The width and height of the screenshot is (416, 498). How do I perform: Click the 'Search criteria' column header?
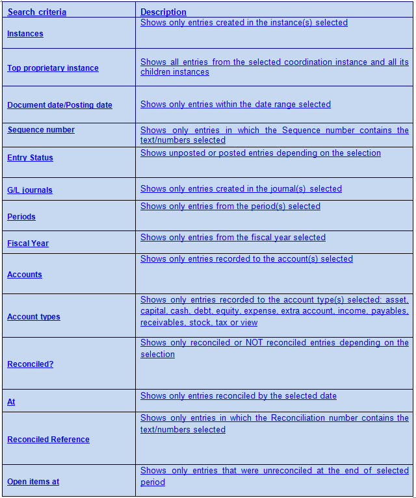(36, 12)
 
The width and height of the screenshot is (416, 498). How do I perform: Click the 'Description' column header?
(163, 12)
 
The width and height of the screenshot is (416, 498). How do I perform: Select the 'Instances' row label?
(25, 34)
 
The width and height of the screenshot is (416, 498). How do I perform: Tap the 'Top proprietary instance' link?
(53, 68)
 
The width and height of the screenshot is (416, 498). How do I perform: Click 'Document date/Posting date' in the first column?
(60, 105)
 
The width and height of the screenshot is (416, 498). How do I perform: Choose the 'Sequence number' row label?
(41, 130)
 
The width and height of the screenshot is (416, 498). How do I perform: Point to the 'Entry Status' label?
(30, 158)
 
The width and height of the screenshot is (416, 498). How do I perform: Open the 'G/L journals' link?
(30, 190)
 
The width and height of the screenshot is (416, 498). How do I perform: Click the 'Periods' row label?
(21, 217)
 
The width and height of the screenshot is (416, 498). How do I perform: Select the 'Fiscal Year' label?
(28, 243)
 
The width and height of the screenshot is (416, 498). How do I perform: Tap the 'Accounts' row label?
(25, 275)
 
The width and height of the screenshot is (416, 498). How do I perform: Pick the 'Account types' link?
(34, 317)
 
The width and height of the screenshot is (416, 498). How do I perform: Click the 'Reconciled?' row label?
(31, 364)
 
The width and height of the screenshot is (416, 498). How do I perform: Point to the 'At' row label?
(11, 402)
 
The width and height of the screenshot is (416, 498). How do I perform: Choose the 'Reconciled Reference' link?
(48, 440)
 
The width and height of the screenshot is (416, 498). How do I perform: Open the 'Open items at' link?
(33, 482)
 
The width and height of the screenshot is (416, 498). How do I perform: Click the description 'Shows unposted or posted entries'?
(261, 153)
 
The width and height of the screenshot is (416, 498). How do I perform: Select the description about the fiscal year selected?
(233, 238)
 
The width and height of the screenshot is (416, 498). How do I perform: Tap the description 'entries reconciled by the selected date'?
(239, 396)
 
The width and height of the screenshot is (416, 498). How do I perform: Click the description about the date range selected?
(235, 105)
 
